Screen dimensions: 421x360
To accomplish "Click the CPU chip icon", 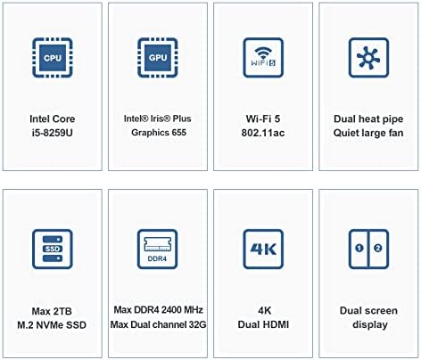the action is coord(53,58).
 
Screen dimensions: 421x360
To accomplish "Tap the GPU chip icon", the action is coord(158,58).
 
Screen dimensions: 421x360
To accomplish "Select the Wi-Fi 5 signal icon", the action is coord(263,58).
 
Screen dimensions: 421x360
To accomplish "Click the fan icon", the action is coord(368,58).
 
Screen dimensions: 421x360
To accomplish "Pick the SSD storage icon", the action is coord(53,249).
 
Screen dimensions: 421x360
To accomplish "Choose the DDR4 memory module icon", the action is coord(158,249).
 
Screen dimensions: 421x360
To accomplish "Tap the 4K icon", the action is coord(263,249).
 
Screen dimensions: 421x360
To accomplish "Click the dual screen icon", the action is coord(368,249).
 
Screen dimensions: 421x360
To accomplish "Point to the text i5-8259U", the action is coord(53,133).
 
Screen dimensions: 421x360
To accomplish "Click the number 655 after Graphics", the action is coord(178,132).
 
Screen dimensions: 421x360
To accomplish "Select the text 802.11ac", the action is coord(263,133).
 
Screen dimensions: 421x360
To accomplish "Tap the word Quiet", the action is coord(345,133).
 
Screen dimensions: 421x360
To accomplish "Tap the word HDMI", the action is coord(276,324).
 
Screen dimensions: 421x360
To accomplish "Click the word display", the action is coord(370,324).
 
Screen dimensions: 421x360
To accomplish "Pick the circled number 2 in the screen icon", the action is coord(378,248).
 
